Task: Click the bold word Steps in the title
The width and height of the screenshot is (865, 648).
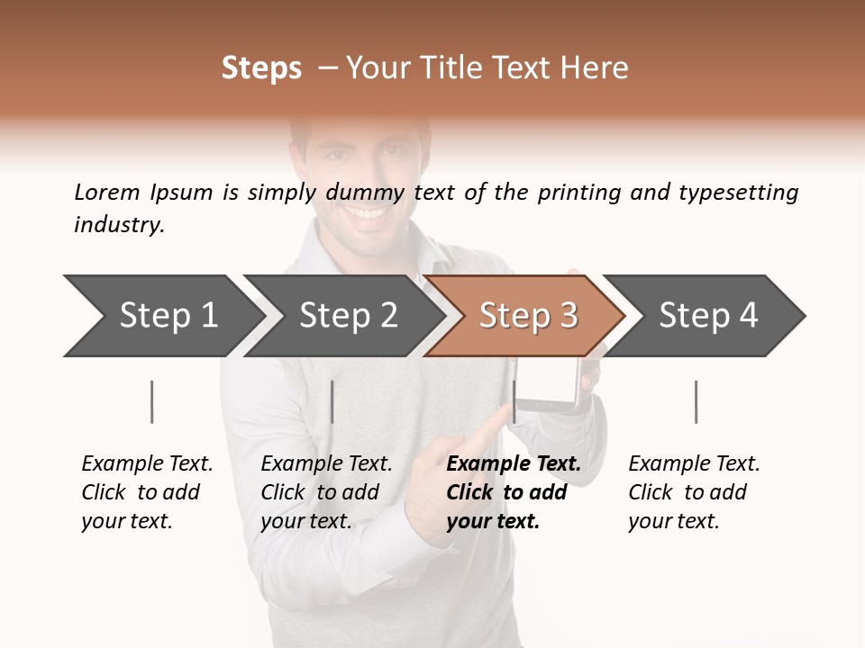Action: [x=261, y=68]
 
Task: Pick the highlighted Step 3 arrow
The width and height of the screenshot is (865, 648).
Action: [x=527, y=315]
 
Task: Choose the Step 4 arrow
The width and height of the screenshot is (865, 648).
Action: [x=707, y=315]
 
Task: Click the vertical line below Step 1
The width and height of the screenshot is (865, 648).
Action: [x=152, y=401]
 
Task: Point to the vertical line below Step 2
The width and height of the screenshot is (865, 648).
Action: [x=332, y=401]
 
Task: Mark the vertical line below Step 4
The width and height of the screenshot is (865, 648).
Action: [x=696, y=401]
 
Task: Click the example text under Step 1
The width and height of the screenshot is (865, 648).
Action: [x=147, y=492]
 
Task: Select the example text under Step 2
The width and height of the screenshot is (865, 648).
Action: [x=326, y=492]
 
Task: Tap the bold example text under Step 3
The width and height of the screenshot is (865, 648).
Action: [x=514, y=492]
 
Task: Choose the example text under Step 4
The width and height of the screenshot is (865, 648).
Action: [x=694, y=492]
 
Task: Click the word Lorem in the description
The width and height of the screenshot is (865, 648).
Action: [x=106, y=193]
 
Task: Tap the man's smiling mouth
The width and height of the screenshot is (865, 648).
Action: [x=366, y=214]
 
